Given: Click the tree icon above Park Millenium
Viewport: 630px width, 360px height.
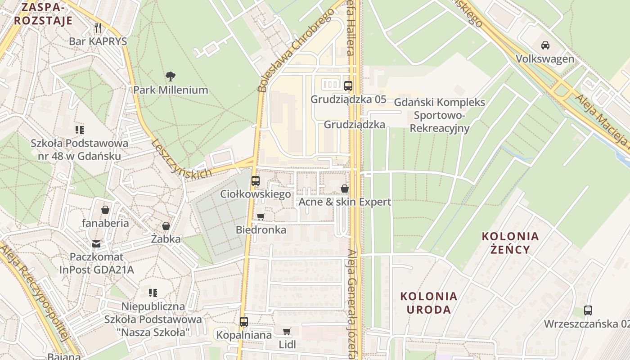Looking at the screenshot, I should click(x=170, y=76).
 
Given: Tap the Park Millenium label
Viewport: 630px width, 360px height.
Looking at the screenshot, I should click(x=171, y=90).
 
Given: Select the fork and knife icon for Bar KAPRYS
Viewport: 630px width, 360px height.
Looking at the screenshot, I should click(x=98, y=28).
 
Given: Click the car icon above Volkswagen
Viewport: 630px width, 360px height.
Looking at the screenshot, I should click(x=545, y=45).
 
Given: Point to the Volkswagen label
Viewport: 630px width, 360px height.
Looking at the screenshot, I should click(x=545, y=59).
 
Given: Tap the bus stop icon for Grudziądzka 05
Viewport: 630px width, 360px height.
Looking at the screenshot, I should click(x=348, y=85).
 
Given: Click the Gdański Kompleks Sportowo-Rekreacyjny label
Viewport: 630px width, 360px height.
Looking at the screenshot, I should click(x=440, y=115).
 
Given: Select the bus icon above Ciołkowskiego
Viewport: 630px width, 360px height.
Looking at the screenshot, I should click(x=255, y=181).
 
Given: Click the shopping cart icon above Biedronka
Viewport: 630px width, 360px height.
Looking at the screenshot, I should click(x=261, y=216).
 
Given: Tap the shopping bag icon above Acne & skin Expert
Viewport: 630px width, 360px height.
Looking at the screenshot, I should click(x=345, y=189).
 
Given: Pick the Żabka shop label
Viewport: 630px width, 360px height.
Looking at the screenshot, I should click(x=166, y=239).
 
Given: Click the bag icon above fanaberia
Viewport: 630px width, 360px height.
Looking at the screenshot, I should click(x=105, y=210).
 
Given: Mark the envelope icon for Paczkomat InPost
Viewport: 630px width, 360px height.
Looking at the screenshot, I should click(x=96, y=243).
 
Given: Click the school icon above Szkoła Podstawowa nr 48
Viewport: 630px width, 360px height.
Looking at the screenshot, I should click(x=80, y=130).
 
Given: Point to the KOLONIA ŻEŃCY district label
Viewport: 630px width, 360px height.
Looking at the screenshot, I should click(x=510, y=243).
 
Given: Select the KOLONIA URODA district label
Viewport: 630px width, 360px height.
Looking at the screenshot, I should click(x=429, y=303).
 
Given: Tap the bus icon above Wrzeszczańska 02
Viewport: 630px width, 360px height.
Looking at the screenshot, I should click(x=588, y=310).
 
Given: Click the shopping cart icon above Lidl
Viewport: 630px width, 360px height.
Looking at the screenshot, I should click(x=287, y=332).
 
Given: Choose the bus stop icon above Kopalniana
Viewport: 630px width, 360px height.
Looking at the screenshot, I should click(x=243, y=322).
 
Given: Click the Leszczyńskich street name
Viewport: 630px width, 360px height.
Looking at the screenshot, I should click(x=181, y=159).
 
